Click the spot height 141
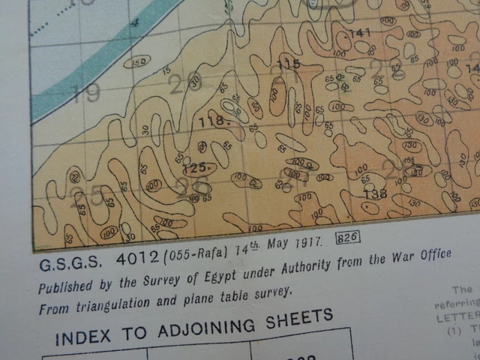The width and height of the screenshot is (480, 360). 360,32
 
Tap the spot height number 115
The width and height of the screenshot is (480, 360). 289,64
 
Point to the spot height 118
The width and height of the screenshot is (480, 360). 212,120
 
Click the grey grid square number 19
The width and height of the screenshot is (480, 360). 86,93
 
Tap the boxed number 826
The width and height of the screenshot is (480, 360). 349,237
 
